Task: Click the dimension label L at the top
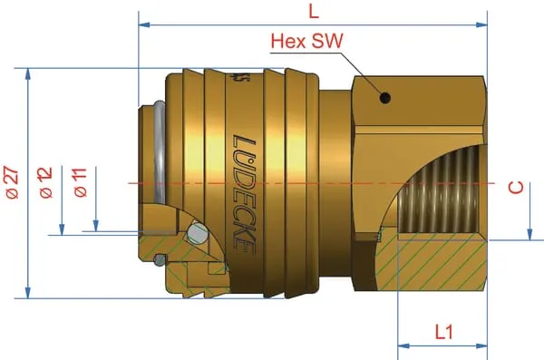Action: click(314, 12)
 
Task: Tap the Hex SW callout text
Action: click(307, 41)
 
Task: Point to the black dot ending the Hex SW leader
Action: click(384, 98)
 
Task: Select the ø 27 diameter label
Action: click(13, 182)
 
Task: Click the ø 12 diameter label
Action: click(46, 182)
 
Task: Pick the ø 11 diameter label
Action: click(81, 182)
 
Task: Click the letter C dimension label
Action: click(516, 188)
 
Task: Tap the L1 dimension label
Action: click(444, 332)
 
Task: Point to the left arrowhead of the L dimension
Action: click(144, 24)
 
